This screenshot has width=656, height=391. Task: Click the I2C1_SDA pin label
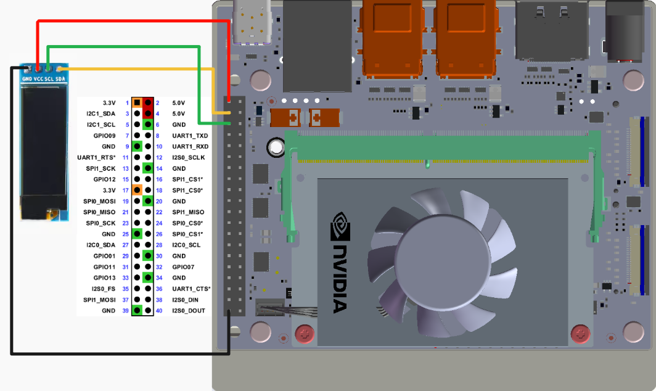click(100, 114)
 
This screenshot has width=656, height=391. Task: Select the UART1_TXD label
click(190, 136)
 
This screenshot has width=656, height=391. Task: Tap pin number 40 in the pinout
click(159, 311)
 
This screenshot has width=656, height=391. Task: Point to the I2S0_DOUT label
click(189, 311)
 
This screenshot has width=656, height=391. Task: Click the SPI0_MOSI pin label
click(99, 202)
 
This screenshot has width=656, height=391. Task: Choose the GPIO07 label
click(183, 267)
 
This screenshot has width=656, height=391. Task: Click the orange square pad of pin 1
click(137, 102)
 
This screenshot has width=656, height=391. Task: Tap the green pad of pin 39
click(137, 310)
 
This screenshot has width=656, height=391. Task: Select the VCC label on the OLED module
click(38, 79)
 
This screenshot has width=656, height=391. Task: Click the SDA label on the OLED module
click(60, 79)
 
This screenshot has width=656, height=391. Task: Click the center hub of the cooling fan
click(443, 261)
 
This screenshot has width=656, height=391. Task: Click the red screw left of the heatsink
click(305, 334)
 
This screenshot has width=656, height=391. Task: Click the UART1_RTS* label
click(96, 157)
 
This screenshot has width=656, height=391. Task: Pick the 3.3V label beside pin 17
click(109, 191)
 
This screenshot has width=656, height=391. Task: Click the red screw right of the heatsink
click(580, 334)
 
